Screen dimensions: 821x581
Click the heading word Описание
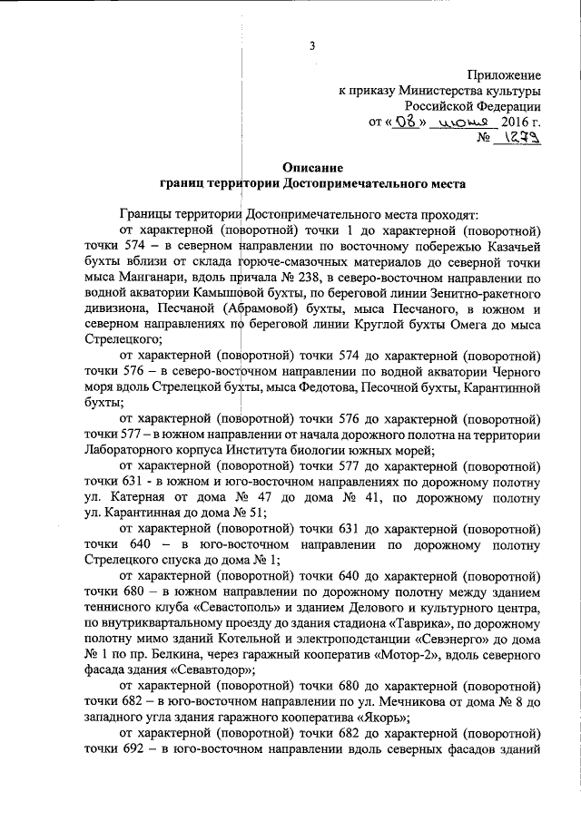pyautogui.click(x=312, y=167)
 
